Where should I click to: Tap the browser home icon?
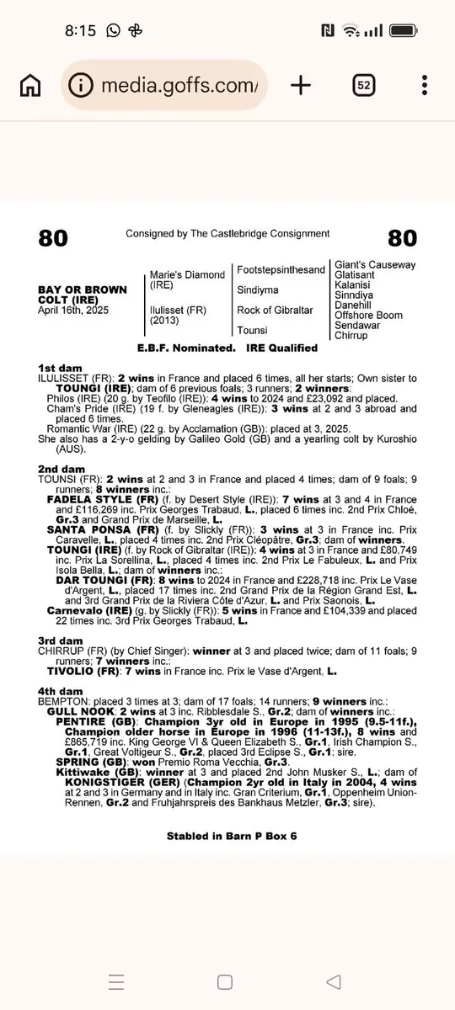click(30, 85)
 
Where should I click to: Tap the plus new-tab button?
click(301, 85)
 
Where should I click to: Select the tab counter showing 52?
click(364, 85)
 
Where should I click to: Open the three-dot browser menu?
click(425, 85)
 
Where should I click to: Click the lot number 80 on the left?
click(53, 238)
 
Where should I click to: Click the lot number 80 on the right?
click(402, 238)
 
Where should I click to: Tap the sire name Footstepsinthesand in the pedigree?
click(281, 270)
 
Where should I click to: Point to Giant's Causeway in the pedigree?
click(375, 265)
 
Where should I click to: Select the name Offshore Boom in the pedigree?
click(368, 316)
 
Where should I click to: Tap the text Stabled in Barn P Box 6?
click(232, 837)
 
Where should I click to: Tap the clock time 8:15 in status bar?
click(80, 30)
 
